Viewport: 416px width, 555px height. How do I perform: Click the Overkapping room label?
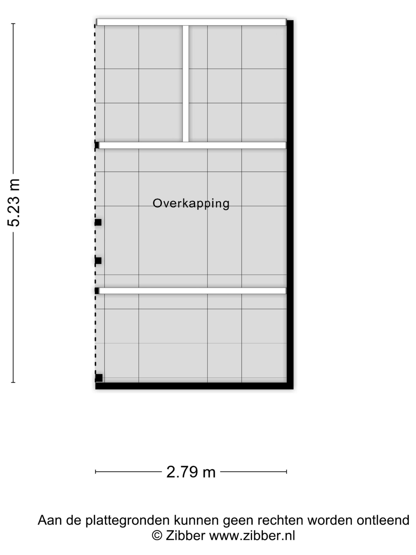[191, 204]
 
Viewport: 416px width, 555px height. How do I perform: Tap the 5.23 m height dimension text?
[13, 203]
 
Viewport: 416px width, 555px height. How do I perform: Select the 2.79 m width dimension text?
[191, 472]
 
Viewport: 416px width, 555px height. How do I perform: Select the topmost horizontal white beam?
[191, 22]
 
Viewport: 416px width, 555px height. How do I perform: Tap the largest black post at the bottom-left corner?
[99, 378]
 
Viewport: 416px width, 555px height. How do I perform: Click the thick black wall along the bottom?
[194, 386]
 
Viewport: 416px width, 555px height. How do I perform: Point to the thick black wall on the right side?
[290, 204]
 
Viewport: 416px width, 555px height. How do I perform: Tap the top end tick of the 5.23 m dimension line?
[13, 24]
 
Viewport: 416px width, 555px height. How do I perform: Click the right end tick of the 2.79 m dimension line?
[287, 472]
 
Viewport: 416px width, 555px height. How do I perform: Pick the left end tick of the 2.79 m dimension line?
[96, 472]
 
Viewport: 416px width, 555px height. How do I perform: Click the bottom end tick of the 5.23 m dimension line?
[13, 382]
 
